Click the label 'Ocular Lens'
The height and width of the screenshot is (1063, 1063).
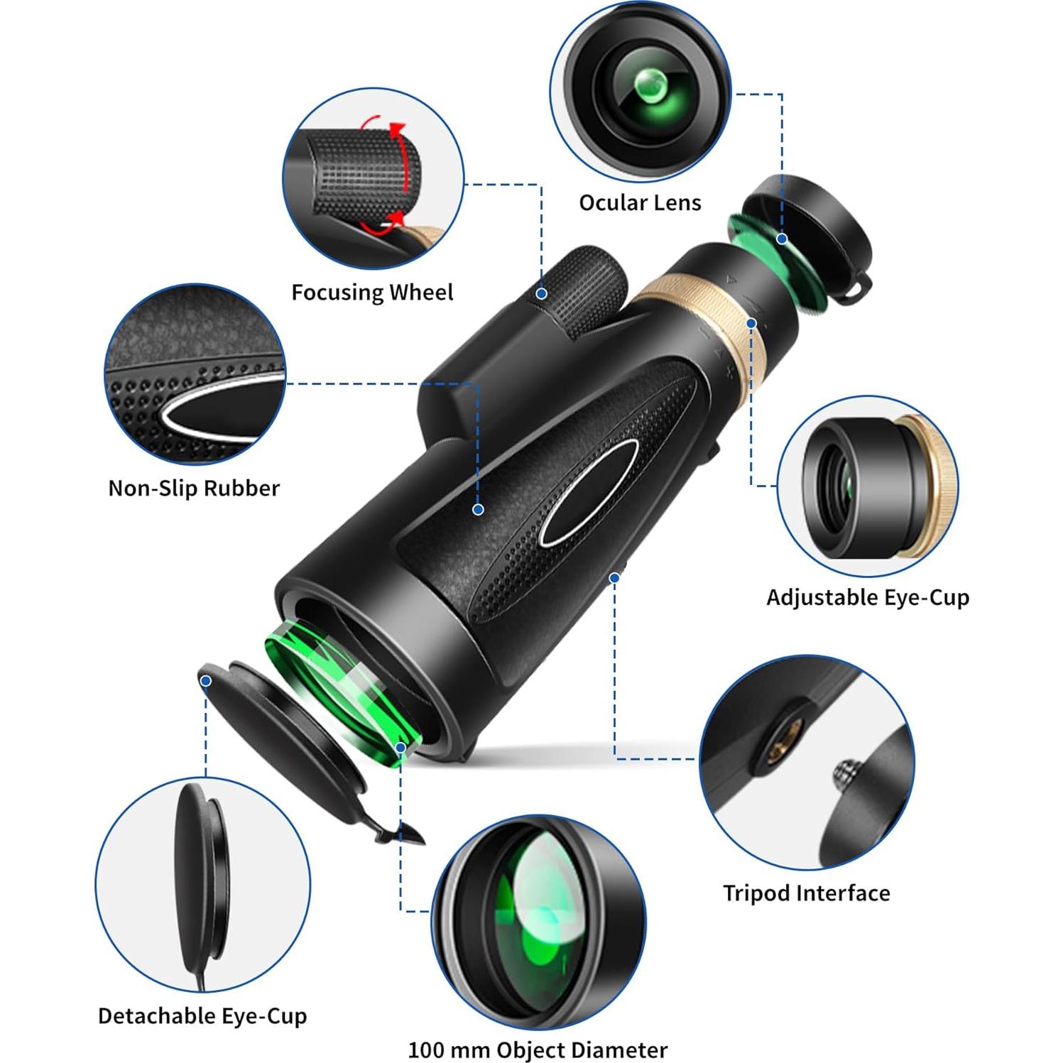[x=640, y=203]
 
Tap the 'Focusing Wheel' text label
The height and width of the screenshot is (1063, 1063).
[x=372, y=293]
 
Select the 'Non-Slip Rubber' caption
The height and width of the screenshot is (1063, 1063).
[x=194, y=488]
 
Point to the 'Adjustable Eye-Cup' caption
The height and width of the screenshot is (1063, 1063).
[x=867, y=597]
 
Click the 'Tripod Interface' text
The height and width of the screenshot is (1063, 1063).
[x=806, y=893]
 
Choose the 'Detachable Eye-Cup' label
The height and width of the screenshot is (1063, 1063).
[x=202, y=1015]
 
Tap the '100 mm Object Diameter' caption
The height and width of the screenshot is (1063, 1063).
[x=538, y=1050]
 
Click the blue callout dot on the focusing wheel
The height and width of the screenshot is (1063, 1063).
[x=542, y=293]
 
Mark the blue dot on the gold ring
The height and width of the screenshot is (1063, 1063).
[x=751, y=323]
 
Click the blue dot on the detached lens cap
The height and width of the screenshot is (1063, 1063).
[x=206, y=681]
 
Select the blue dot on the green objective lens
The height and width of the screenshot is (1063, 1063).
[x=401, y=748]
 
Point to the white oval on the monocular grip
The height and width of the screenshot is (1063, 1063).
[x=588, y=493]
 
